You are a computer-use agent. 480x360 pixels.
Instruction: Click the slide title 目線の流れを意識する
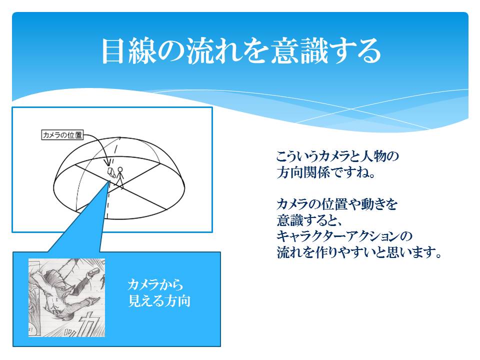tap(241, 51)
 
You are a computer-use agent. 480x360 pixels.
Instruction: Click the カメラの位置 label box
tap(62, 134)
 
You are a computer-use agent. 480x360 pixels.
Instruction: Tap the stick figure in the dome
tap(119, 177)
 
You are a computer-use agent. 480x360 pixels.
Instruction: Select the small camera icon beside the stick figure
tap(111, 172)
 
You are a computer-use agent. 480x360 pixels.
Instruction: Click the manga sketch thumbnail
tap(66, 297)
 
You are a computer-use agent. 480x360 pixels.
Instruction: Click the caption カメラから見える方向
tap(159, 292)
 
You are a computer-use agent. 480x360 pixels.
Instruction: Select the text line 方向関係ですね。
tap(326, 172)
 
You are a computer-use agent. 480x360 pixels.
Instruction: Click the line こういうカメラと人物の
tap(337, 156)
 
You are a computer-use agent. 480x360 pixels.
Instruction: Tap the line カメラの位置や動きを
tap(336, 204)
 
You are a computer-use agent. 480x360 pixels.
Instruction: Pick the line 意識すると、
tap(309, 220)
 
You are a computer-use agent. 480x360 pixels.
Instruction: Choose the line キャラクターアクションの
tap(344, 236)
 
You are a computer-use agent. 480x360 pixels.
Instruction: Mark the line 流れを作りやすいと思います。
tap(359, 252)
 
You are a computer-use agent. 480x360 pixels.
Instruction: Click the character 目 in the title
tap(113, 51)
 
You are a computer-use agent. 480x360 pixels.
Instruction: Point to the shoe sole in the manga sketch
tap(93, 271)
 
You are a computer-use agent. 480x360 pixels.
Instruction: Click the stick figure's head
tap(120, 169)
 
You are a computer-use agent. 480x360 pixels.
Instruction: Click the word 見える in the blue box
tap(146, 301)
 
